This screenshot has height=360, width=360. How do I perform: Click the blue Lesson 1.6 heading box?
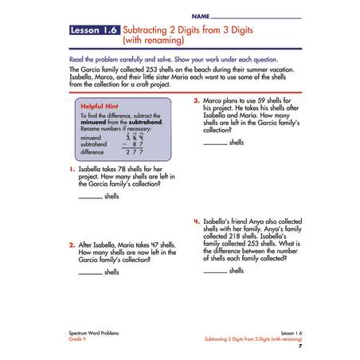tap(95, 30)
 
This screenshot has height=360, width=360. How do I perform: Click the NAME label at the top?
tap(201, 17)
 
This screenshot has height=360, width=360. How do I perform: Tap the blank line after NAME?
tap(256, 18)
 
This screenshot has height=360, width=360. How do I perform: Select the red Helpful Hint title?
tap(100, 107)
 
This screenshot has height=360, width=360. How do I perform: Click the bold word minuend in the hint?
tap(93, 123)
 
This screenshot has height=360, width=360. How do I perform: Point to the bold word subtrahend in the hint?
tap(146, 123)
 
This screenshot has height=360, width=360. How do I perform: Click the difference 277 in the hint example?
tap(135, 152)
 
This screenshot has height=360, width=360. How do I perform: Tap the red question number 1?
tap(72, 169)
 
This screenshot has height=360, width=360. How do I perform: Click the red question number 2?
tap(72, 245)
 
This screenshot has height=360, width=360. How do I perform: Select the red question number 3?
tap(197, 100)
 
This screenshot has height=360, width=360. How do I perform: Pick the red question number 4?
tap(197, 221)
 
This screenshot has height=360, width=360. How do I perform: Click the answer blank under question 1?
tap(91, 198)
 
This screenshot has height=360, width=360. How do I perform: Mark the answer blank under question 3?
tap(215, 144)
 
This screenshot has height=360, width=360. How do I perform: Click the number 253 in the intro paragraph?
tap(151, 69)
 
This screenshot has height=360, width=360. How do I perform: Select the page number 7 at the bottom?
tap(300, 346)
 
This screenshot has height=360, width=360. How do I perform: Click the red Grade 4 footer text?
tap(77, 339)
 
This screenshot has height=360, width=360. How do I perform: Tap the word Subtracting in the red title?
tap(145, 30)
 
